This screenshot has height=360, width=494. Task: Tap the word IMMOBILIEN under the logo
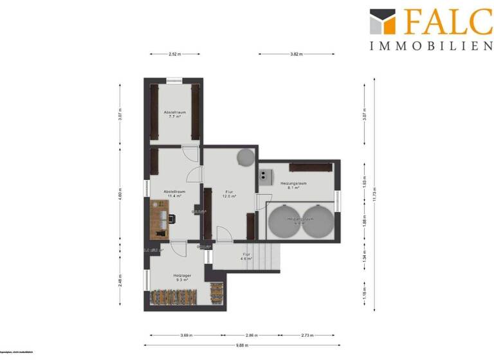pos(431,46)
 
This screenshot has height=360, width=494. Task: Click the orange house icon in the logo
pos(382,22)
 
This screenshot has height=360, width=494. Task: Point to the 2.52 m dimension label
pos(174,55)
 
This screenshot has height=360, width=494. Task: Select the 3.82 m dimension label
pos(297,55)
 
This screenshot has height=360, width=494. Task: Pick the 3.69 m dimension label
pos(187,335)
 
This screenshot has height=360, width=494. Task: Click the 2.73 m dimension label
pos(307,335)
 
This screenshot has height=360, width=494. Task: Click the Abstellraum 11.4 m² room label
pos(174,194)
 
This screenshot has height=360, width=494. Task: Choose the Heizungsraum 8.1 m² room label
pos(293,186)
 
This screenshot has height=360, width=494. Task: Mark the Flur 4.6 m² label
pos(245,256)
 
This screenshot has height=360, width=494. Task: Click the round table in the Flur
pos(244,157)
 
